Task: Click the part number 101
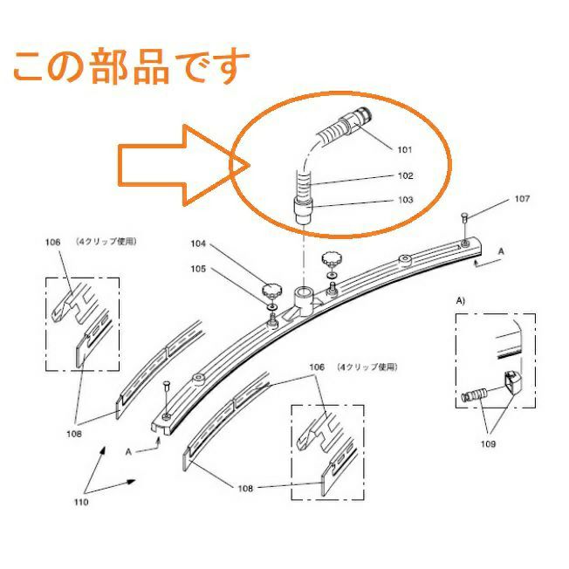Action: pos(405,149)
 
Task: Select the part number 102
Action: pos(405,175)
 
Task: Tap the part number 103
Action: pos(405,200)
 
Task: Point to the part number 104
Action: pos(198,243)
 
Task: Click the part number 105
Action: pos(198,269)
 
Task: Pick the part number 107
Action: pos(522,198)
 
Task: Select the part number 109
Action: pos(488,444)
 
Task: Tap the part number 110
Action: pos(81,502)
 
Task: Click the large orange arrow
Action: pos(184,166)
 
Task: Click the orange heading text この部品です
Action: pos(132,67)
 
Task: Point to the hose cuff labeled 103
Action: pos(303,210)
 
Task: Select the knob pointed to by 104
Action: pos(271,291)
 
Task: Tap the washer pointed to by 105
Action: pos(272,307)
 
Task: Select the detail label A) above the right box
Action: pos(460,301)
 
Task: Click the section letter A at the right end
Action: pos(501,251)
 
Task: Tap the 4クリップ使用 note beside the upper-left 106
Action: pos(106,242)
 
